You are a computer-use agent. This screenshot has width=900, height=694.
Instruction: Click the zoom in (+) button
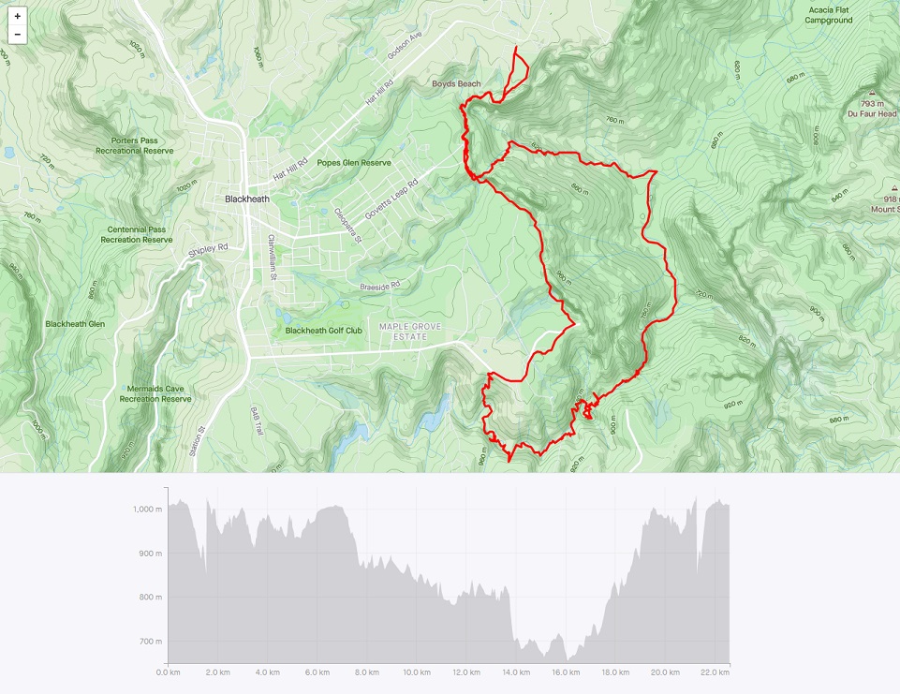17,17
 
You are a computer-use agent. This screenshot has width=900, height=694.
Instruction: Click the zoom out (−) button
17,35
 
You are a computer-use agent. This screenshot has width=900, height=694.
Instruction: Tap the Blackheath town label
247,199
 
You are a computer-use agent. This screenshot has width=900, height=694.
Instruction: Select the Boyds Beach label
456,84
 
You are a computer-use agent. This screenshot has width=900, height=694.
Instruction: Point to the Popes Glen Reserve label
353,162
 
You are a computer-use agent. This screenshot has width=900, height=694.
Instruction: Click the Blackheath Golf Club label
323,331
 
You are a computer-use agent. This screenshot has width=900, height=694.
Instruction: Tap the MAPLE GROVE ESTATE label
409,331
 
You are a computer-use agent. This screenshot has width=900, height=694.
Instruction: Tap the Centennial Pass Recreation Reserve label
140,234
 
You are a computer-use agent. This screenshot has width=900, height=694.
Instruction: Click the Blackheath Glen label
75,324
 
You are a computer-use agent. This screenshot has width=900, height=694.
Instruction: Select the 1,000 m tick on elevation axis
147,509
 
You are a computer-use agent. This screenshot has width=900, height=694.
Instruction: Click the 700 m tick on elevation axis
150,642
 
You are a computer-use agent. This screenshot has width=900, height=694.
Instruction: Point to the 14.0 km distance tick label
516,672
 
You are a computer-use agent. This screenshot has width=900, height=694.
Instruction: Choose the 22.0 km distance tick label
715,672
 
